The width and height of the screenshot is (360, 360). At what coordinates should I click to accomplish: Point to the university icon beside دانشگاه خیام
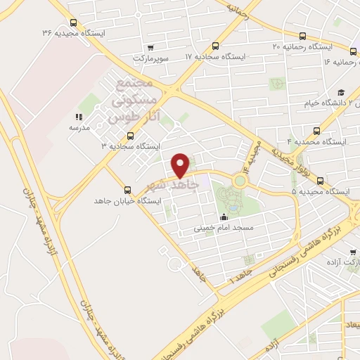pos(340,93)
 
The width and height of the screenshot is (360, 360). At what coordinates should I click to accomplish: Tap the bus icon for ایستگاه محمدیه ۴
pos(316,131)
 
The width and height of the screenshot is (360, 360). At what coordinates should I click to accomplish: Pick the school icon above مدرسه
pos(77,117)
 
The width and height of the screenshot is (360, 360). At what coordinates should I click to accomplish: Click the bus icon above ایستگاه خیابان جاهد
pos(127,189)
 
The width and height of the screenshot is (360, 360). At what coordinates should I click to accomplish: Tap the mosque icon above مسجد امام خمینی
pos(224,217)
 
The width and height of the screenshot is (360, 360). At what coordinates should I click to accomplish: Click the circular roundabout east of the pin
pos(241,181)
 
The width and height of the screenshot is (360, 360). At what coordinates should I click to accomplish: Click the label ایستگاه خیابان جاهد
pos(128,201)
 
